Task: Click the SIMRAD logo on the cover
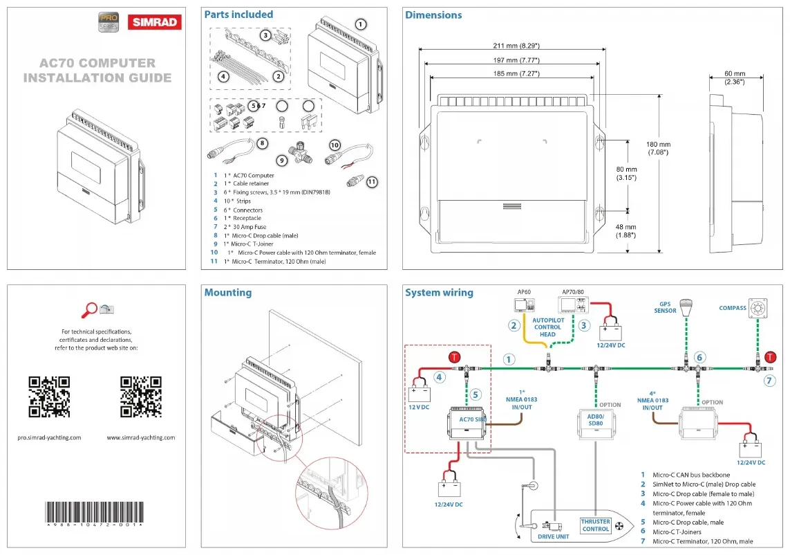coord(153,22)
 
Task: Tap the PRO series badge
coord(109,22)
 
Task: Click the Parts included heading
coord(238,15)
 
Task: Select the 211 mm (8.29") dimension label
coord(511,46)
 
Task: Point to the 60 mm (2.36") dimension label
coord(734,78)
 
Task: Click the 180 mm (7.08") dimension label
coord(659,148)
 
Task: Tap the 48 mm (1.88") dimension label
coord(626,230)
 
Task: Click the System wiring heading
coord(439,293)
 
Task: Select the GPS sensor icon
coord(686,308)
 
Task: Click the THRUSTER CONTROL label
coord(595,525)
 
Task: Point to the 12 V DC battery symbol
coord(420,394)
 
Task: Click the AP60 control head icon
coord(523,305)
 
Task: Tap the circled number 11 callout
coord(372,182)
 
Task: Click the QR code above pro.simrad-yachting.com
coord(49,397)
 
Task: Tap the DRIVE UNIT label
coord(553,536)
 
